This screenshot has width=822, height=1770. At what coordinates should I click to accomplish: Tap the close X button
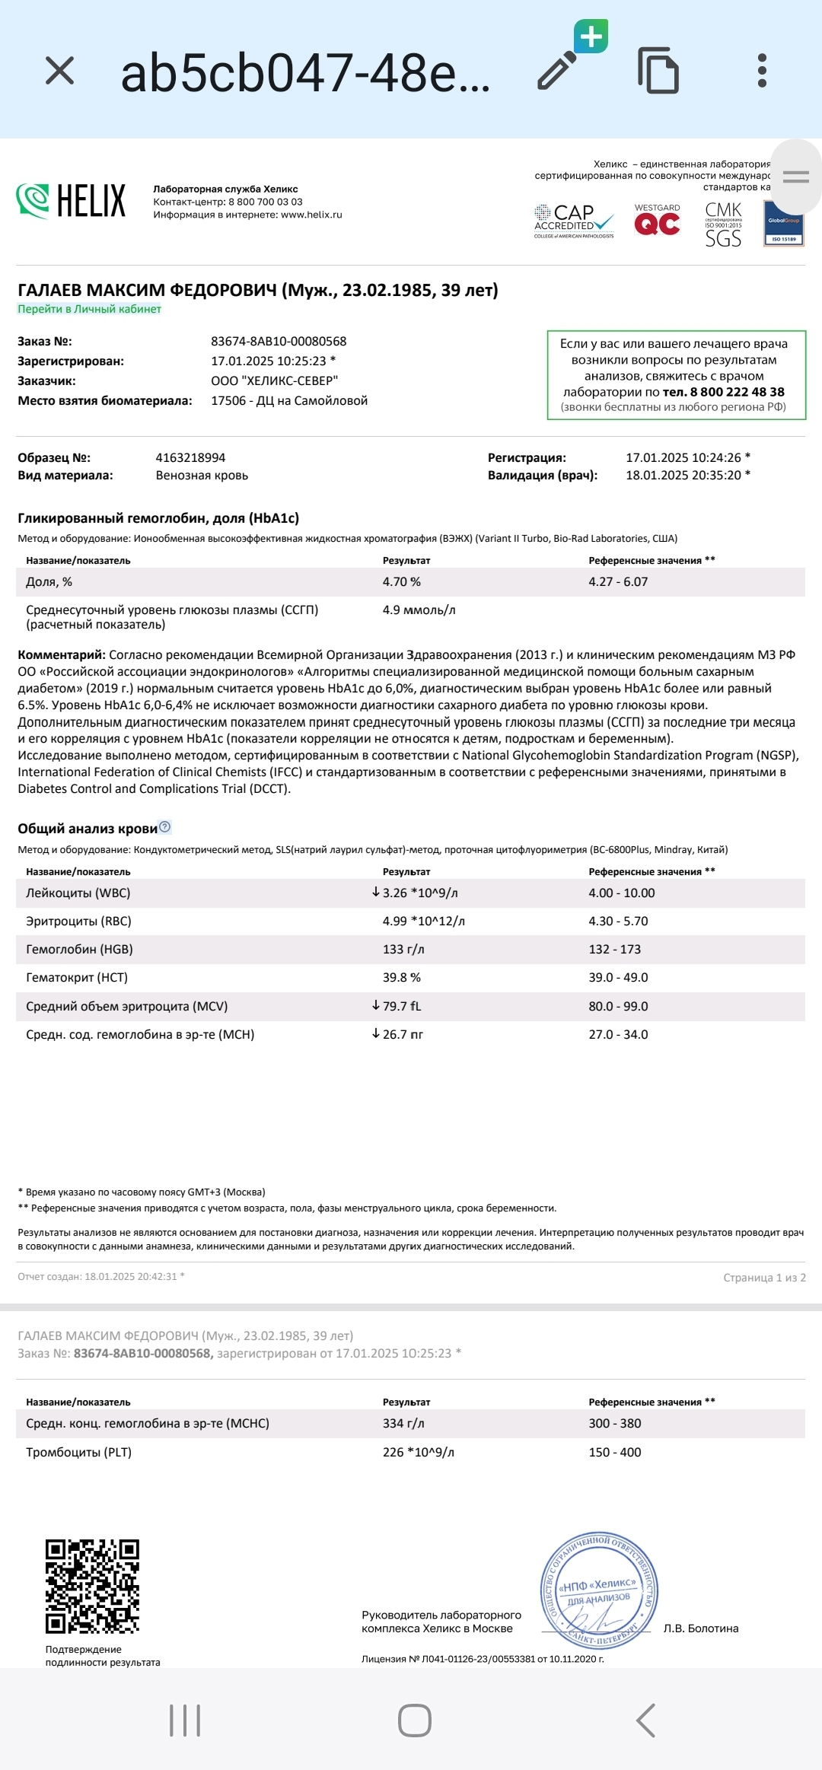coord(59,71)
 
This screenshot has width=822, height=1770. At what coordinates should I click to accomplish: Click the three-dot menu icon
coord(762,71)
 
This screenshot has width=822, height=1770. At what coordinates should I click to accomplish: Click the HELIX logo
coord(71,201)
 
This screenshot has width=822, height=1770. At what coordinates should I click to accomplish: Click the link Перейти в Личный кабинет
coord(89,309)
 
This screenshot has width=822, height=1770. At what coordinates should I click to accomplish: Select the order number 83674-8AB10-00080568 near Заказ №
coord(279,342)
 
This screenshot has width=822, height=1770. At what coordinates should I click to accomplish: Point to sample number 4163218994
coord(190,457)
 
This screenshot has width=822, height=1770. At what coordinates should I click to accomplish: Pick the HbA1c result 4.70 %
coord(401,582)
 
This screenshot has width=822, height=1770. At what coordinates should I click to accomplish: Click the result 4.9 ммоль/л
coord(419,610)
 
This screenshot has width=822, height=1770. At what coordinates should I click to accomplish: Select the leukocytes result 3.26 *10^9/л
coord(419,893)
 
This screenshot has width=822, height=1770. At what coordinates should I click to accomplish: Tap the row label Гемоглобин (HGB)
coord(79,950)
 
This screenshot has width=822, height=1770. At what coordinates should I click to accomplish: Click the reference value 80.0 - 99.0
coord(618,1006)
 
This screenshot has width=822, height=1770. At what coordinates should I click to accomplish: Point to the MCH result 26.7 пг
coord(403,1034)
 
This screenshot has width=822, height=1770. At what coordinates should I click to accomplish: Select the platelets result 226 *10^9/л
coord(418,1452)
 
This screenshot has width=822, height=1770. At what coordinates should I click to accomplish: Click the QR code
coord(92,1586)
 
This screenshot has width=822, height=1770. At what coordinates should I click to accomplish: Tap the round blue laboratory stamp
coord(598,1590)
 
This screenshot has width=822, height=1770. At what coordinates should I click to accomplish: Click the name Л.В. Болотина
coord(700,1628)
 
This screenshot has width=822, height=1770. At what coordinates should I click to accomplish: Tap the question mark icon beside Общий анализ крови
coord(165,827)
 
